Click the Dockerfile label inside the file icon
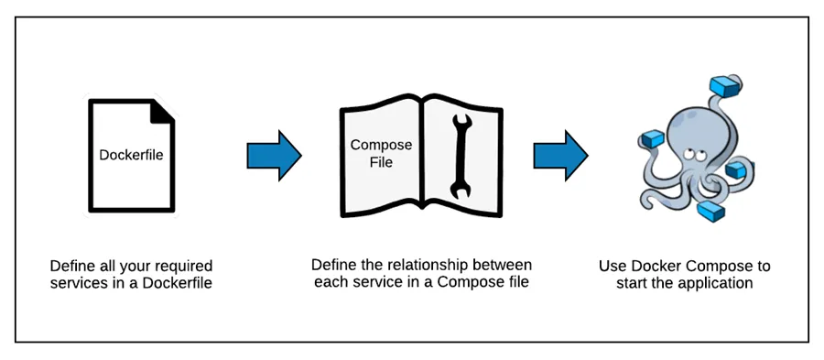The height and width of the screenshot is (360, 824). pos(131,155)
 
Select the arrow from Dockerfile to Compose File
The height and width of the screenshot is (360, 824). pos(274,156)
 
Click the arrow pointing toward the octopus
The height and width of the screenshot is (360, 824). pos(560,156)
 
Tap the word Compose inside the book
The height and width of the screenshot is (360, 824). pos(382,146)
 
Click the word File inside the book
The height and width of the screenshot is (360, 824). pos(382,162)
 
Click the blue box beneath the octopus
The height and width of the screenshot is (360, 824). pos(710,213)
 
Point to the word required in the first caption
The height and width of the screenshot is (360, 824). pos(183,266)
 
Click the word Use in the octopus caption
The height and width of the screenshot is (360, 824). pos(612,267)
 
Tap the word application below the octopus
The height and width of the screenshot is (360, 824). pos(715,283)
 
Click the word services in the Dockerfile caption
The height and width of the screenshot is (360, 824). pos(79,283)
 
